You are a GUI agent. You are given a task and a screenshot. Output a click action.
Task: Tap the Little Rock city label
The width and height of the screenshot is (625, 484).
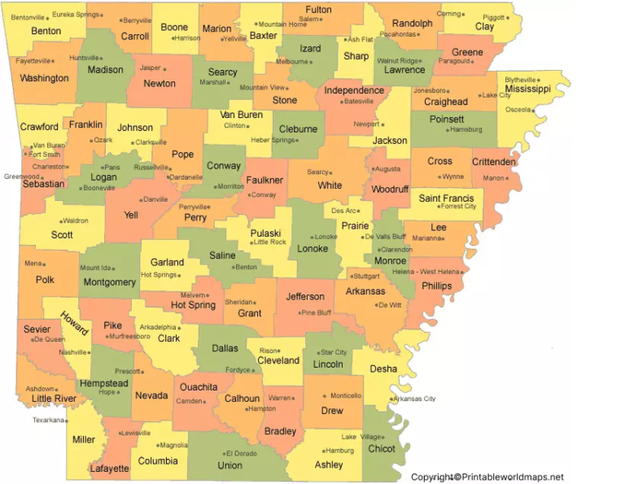pos(269,242)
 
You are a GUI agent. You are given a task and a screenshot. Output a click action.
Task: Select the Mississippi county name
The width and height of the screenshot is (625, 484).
pos(527,89)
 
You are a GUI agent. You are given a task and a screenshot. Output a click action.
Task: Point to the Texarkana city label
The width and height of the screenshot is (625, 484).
pos(48,420)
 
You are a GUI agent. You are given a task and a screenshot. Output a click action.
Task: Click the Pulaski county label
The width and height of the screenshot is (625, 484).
pos(265,232)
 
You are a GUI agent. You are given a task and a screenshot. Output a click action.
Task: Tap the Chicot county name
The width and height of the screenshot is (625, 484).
pos(382,448)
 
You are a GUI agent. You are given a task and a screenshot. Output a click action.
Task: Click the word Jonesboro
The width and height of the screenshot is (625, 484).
pos(430,91)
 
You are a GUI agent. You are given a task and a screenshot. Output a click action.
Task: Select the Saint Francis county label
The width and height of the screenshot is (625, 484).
pos(446,198)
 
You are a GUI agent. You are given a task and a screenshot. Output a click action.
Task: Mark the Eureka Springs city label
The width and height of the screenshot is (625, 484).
pos(76,15)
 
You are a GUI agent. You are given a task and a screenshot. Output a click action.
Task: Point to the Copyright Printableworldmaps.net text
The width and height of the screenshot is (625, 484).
pos(487,477)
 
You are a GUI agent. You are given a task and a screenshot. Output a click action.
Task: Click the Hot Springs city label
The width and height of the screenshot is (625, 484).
pos(159,275)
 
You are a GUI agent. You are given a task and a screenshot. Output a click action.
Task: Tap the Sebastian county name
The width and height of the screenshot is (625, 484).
pos(43,184)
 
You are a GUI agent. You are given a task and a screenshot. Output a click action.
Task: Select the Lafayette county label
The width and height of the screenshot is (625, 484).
pos(109,469)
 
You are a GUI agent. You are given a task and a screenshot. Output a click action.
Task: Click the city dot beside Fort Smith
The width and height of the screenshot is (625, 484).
pos(30,155)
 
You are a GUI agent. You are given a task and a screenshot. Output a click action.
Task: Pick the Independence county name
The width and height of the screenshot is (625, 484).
pos(354,90)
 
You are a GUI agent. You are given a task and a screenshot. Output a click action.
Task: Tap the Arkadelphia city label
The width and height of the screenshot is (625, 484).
pos(158,328)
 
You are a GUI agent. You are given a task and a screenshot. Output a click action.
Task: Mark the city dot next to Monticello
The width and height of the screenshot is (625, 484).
pos(325,396)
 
